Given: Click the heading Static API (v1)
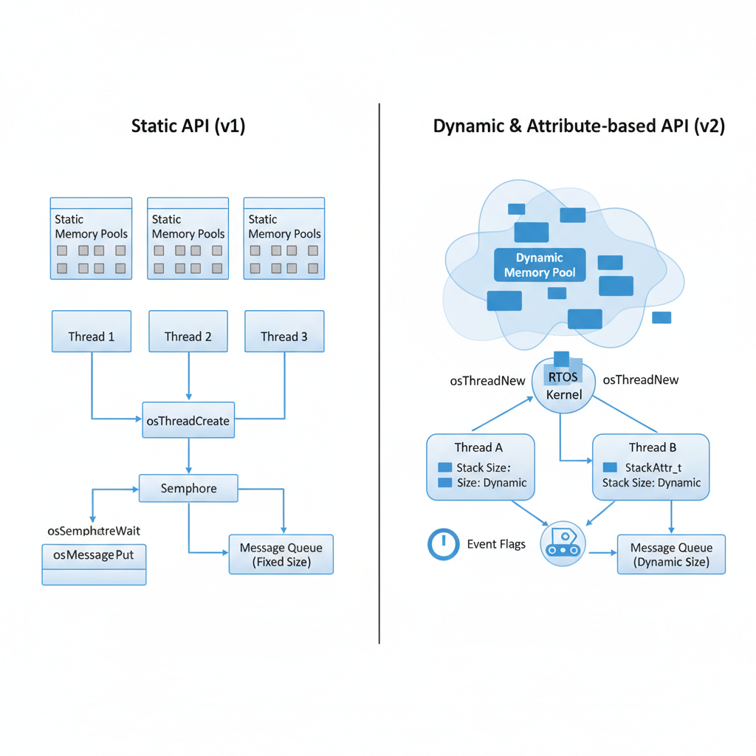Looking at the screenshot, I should (x=188, y=126).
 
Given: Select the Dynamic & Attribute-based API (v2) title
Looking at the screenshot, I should (x=579, y=126).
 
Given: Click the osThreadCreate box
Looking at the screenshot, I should (x=188, y=420).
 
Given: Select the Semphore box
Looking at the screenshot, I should (x=189, y=489).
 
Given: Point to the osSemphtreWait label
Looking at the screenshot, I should (x=94, y=531).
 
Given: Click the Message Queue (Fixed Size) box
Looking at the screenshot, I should (x=281, y=554).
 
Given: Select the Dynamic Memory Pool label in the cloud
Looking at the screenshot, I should (x=539, y=265).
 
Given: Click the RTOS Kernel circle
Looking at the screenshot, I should (x=564, y=386).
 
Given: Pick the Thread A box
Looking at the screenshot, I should (x=481, y=467).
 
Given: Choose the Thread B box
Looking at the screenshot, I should (x=651, y=467).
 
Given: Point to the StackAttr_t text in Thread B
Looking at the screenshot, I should (x=653, y=467).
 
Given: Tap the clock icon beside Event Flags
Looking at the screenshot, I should (x=443, y=544).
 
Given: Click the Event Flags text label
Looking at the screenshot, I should (x=496, y=544).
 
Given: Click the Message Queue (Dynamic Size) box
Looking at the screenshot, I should (x=671, y=554).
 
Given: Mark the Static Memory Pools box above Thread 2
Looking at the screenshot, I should (x=188, y=238).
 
